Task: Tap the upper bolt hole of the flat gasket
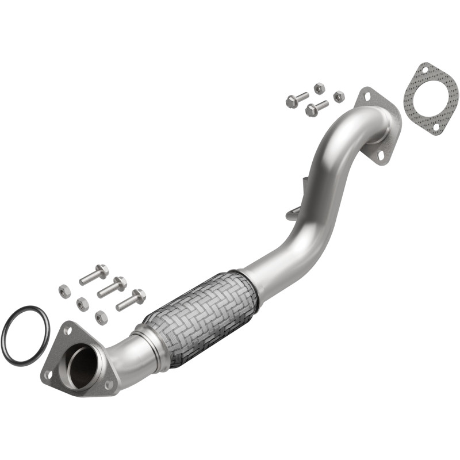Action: pyautogui.click(x=424, y=71)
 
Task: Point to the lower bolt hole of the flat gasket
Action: pyautogui.click(x=436, y=126)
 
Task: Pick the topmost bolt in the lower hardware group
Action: pyautogui.click(x=94, y=275)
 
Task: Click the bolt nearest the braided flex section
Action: pyautogui.click(x=131, y=300)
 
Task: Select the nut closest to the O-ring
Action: pyautogui.click(x=64, y=291)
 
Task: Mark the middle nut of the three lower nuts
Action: pyautogui.click(x=83, y=304)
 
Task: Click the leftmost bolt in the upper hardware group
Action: pyautogui.click(x=297, y=100)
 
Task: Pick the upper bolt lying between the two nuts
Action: pyautogui.click(x=317, y=108)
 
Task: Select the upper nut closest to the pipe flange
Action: pyautogui.click(x=339, y=97)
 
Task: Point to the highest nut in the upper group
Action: pyautogui.click(x=319, y=88)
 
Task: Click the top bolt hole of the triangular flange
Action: pyautogui.click(x=68, y=331)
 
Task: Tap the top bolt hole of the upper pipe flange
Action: pyautogui.click(x=365, y=98)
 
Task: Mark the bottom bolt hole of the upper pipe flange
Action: pyautogui.click(x=382, y=155)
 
